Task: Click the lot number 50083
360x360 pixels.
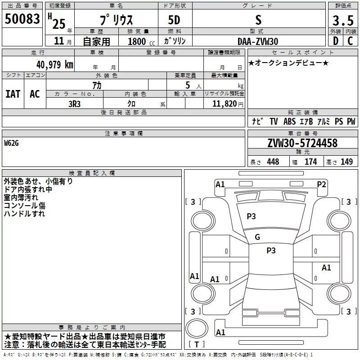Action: coord(22,18)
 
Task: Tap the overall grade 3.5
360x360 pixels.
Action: coord(343,20)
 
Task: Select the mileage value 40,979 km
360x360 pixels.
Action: coord(55,65)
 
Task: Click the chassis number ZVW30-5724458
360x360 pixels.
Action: coord(302,143)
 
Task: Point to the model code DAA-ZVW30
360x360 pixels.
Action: coord(258,41)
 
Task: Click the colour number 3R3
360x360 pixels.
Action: coord(74,104)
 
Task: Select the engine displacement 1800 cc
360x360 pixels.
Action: coord(141,41)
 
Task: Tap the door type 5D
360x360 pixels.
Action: coord(174,20)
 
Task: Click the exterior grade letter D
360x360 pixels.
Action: coord(336,41)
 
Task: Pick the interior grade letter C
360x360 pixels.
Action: coord(350,41)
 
